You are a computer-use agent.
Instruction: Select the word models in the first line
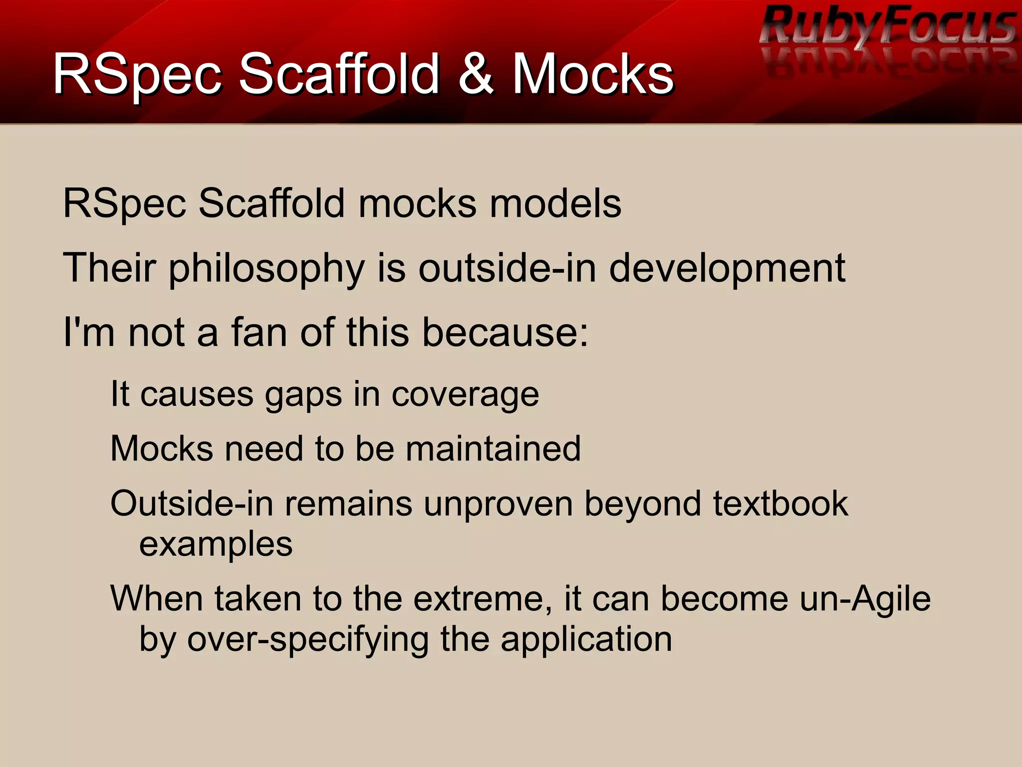(555, 204)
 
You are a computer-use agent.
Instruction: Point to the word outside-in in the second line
(507, 268)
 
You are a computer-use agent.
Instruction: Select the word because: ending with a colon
(506, 332)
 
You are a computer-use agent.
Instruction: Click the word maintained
(493, 448)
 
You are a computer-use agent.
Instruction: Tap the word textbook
(780, 503)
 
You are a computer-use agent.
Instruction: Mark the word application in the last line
(586, 640)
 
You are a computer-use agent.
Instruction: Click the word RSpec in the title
(137, 75)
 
